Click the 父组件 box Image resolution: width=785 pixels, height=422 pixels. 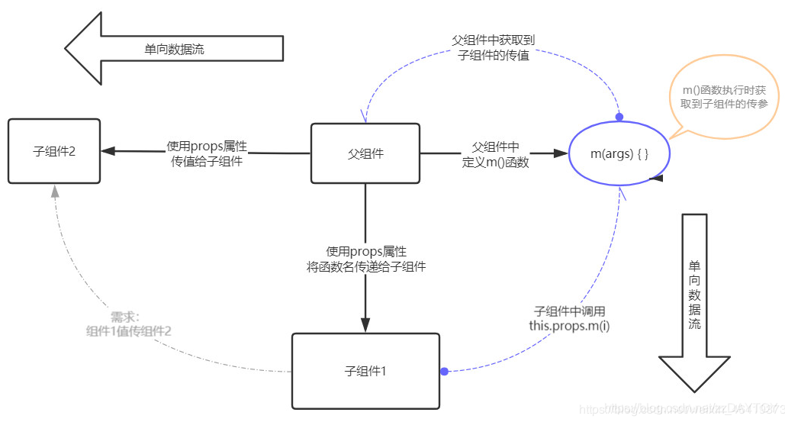365,153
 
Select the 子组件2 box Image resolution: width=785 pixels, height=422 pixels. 54,151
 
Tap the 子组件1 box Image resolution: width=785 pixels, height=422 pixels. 365,371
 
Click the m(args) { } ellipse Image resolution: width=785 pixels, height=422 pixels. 619,153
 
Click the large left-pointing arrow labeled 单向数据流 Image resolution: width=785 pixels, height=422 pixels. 174,49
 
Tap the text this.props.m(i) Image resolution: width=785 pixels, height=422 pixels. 569,325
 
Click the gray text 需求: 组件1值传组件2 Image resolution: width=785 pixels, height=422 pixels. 128,324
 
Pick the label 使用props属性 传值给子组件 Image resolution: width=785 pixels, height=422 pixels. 207,153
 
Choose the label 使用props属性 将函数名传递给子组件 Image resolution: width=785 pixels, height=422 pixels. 365,259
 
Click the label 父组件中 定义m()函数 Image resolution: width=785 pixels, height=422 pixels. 495,153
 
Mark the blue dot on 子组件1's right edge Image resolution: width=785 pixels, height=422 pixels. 444,371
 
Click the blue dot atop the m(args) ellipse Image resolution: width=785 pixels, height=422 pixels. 619,117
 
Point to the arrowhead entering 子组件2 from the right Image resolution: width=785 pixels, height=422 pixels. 109,151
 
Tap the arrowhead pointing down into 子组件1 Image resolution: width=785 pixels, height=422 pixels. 365,324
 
